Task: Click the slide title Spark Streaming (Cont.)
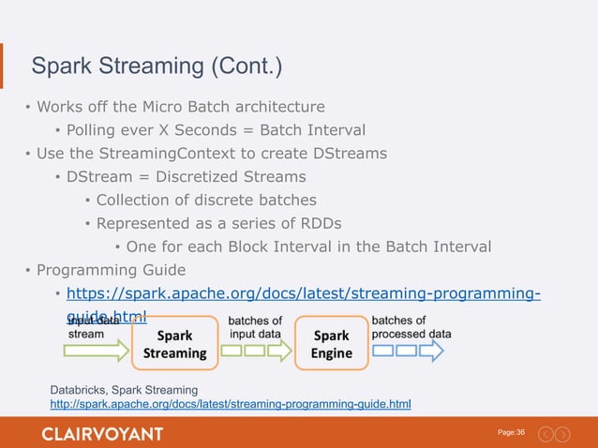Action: pyautogui.click(x=157, y=67)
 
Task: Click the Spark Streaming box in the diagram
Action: pyautogui.click(x=174, y=344)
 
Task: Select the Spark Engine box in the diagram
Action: pyautogui.click(x=332, y=344)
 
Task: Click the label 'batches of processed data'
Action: pyautogui.click(x=411, y=327)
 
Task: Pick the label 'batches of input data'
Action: pyautogui.click(x=255, y=327)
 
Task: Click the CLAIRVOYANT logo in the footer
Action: pyautogui.click(x=102, y=433)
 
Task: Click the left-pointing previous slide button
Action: pyautogui.click(x=545, y=433)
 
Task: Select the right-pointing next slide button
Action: pyautogui.click(x=562, y=433)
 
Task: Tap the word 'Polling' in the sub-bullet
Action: pyautogui.click(x=95, y=129)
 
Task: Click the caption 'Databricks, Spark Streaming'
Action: pyautogui.click(x=124, y=389)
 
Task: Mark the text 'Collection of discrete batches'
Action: pyautogui.click(x=206, y=200)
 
